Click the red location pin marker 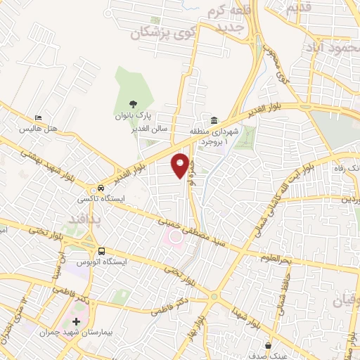click(x=181, y=165)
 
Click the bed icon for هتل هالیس click(x=38, y=118)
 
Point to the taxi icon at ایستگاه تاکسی click(x=103, y=188)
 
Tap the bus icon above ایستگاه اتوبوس click(x=103, y=251)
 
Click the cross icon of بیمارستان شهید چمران click(x=76, y=321)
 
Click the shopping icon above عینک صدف click(x=269, y=345)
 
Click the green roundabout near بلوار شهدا click(x=213, y=296)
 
